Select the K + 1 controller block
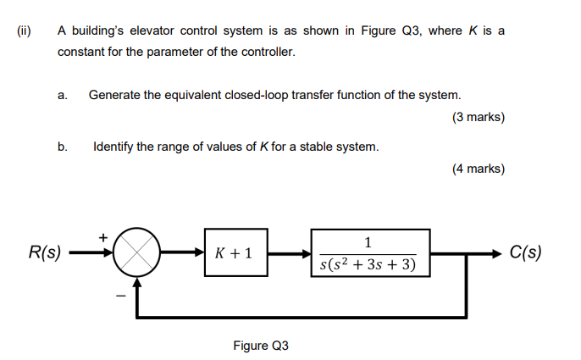coord(235,252)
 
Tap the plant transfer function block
coord(368,252)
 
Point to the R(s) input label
coord(44,252)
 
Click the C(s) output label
coord(526,252)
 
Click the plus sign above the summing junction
coord(104,237)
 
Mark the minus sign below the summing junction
coord(120,296)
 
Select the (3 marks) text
coord(479,118)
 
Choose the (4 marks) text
coord(479,169)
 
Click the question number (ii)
coord(24,30)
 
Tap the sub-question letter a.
coord(63,95)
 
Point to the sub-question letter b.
coord(63,147)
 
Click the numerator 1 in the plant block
coord(368,242)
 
